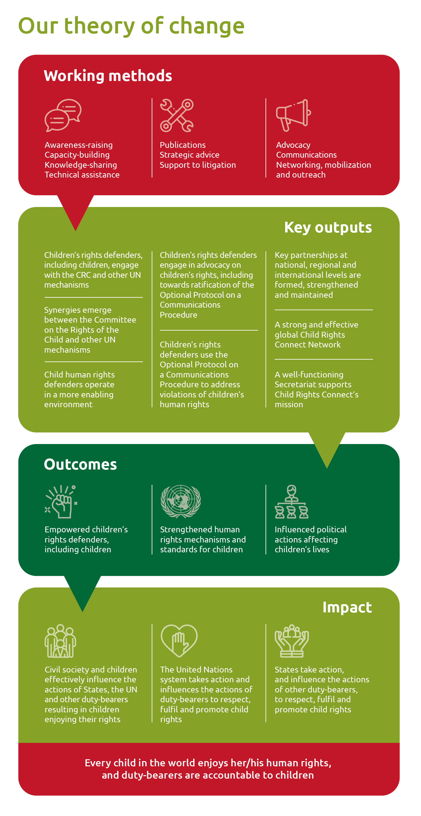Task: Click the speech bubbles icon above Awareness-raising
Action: (63, 115)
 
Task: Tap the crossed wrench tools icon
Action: (177, 115)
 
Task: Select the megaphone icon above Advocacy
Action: (293, 115)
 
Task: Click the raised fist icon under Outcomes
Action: (61, 501)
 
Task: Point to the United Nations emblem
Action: (181, 501)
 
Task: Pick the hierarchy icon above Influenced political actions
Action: (291, 501)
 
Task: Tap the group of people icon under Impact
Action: (60, 641)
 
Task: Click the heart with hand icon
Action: (179, 641)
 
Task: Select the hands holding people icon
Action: (292, 641)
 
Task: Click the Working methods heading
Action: (108, 76)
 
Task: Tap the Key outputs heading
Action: (328, 228)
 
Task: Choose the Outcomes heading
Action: (80, 464)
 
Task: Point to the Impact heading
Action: (347, 607)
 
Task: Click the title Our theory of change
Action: (132, 26)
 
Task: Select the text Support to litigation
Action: (198, 165)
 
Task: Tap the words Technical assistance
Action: (82, 175)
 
